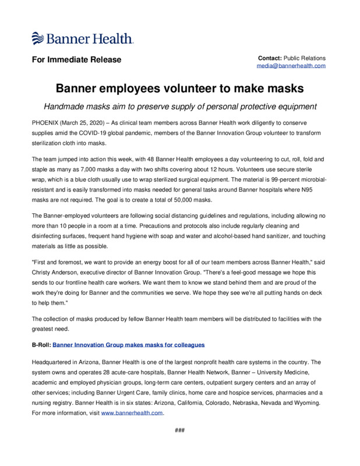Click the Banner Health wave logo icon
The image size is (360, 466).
(38, 39)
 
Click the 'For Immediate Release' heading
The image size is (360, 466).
(76, 60)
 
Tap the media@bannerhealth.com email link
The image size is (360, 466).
(291, 66)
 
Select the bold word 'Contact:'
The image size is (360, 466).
(270, 58)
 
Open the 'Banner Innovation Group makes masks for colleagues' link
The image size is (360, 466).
(129, 345)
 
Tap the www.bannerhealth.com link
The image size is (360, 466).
(132, 412)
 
